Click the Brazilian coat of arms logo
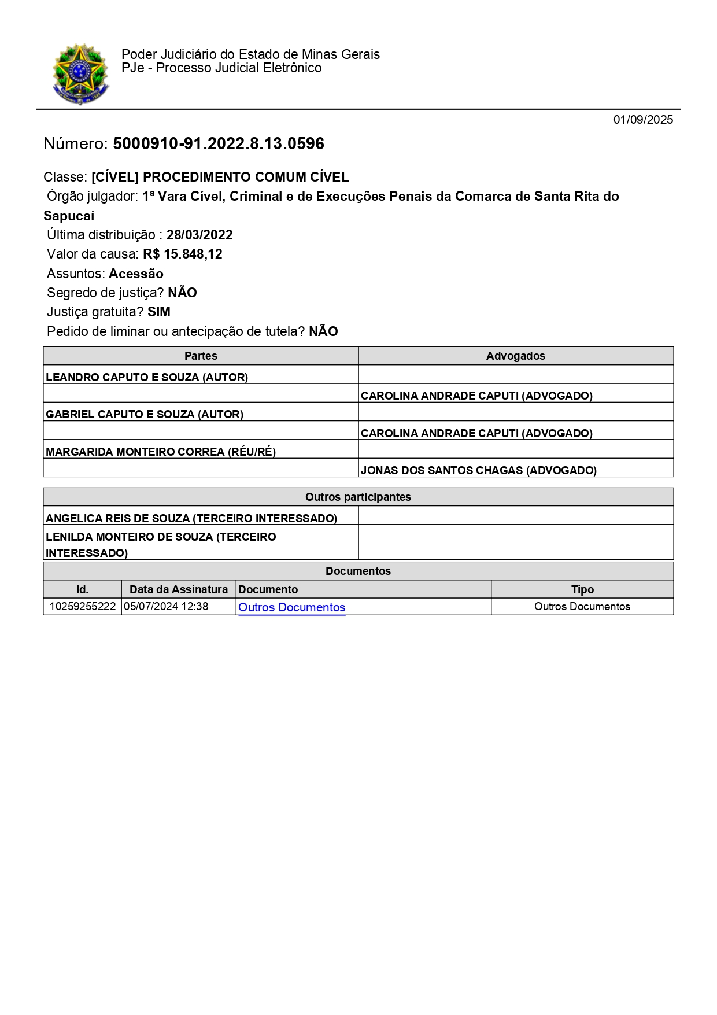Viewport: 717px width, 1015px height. (x=80, y=74)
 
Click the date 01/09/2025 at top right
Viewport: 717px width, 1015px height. (x=643, y=120)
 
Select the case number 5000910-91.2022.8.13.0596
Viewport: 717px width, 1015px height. (x=219, y=143)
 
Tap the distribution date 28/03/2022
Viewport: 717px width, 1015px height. (x=199, y=235)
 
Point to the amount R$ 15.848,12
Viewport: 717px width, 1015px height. (x=183, y=254)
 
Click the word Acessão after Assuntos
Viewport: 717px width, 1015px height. (x=136, y=274)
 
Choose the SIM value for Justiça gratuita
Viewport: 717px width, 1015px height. (x=159, y=312)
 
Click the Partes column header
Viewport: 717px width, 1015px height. (x=201, y=356)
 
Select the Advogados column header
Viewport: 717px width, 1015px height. (x=515, y=356)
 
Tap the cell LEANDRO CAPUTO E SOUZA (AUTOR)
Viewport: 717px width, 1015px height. (x=147, y=377)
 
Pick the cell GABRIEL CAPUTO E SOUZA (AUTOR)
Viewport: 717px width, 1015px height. (x=145, y=414)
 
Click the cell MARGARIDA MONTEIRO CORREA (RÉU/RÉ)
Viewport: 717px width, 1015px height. (x=161, y=452)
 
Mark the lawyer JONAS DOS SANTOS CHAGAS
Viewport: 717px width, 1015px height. (x=478, y=470)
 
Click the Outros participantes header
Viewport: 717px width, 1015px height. (x=358, y=497)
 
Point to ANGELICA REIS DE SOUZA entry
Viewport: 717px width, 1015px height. (x=191, y=518)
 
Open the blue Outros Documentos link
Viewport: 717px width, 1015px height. (x=291, y=607)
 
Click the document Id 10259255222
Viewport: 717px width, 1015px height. (x=82, y=607)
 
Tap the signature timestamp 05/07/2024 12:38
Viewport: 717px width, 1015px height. (x=166, y=607)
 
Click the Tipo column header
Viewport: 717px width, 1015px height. (x=582, y=589)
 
